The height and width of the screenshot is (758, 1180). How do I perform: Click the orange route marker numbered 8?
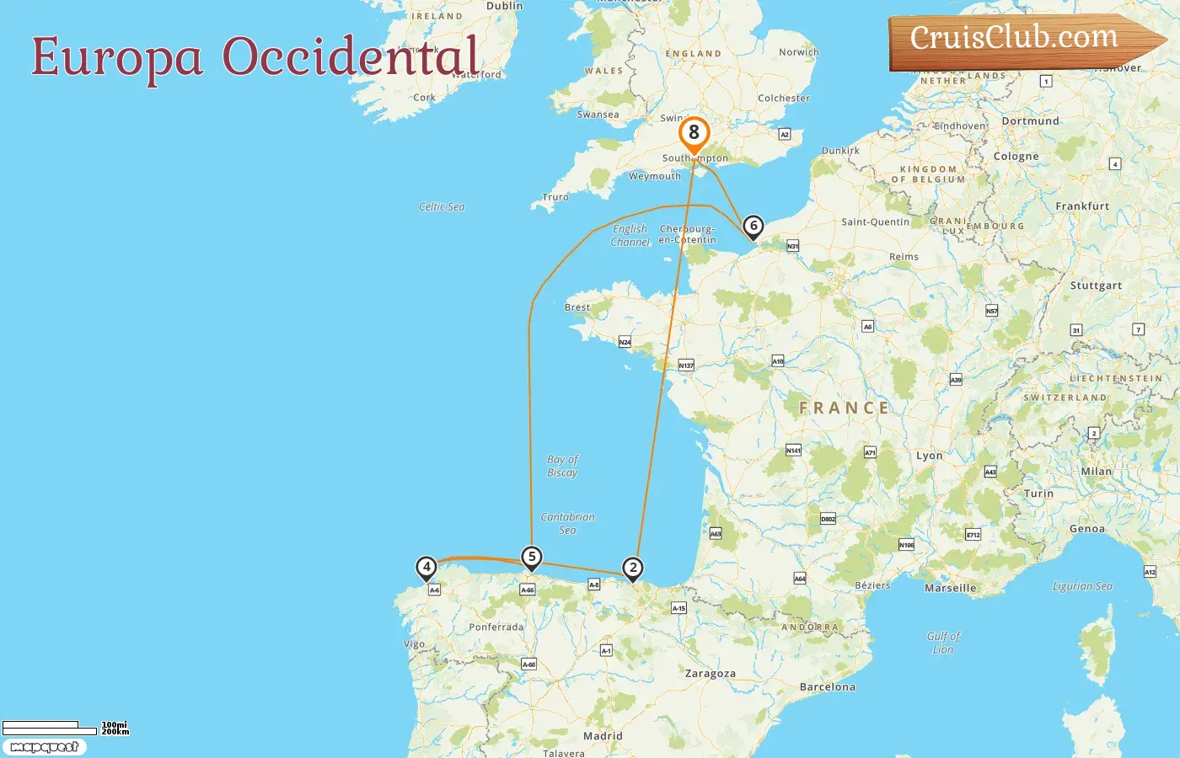694,133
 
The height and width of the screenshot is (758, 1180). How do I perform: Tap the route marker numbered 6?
754,226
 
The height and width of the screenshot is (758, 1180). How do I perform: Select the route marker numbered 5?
531,557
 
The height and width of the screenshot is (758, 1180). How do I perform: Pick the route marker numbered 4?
426,567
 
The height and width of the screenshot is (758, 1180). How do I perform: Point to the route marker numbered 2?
632,568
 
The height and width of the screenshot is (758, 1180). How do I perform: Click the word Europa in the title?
117,58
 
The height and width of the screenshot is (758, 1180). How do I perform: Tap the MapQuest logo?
44,747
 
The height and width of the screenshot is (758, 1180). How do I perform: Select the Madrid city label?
603,736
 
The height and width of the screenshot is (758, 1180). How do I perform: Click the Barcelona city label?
827,687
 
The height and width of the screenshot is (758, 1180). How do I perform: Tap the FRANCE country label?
844,408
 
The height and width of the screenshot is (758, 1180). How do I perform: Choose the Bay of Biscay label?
562,466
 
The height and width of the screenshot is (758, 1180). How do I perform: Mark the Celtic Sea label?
442,207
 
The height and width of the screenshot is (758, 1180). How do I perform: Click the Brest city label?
577,307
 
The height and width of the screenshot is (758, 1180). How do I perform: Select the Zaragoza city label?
710,674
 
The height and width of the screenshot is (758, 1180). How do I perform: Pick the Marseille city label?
950,588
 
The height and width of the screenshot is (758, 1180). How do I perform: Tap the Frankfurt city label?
1082,206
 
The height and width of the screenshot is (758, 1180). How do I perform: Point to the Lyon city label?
929,456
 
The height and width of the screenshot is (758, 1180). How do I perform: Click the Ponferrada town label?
496,627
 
